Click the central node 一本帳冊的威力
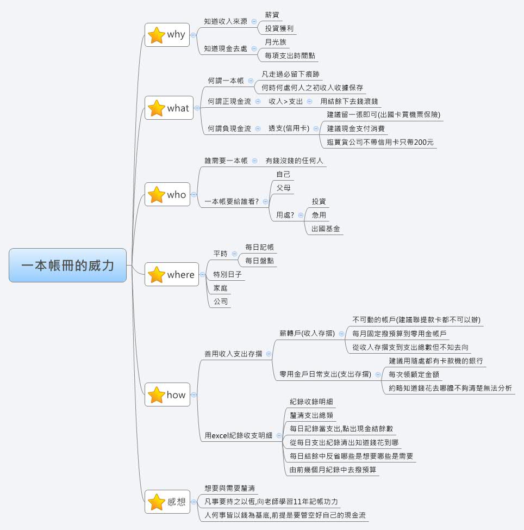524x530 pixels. [67, 266]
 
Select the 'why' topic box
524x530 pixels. [167, 35]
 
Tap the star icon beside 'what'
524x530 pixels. [157, 108]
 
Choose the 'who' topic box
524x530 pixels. [167, 195]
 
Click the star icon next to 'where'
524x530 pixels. [157, 275]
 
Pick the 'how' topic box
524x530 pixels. [167, 395]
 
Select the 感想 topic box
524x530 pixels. [167, 502]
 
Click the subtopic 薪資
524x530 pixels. [273, 15]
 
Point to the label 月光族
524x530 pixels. [275, 42]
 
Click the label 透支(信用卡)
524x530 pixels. [289, 129]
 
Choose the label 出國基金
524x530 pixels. [326, 229]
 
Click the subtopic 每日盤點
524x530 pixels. [259, 261]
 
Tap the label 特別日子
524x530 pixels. [228, 274]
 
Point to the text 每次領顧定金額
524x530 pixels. [414, 374]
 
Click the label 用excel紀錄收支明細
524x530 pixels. [238, 436]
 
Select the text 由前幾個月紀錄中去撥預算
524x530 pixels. [333, 470]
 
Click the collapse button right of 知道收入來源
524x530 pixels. [254, 22]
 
